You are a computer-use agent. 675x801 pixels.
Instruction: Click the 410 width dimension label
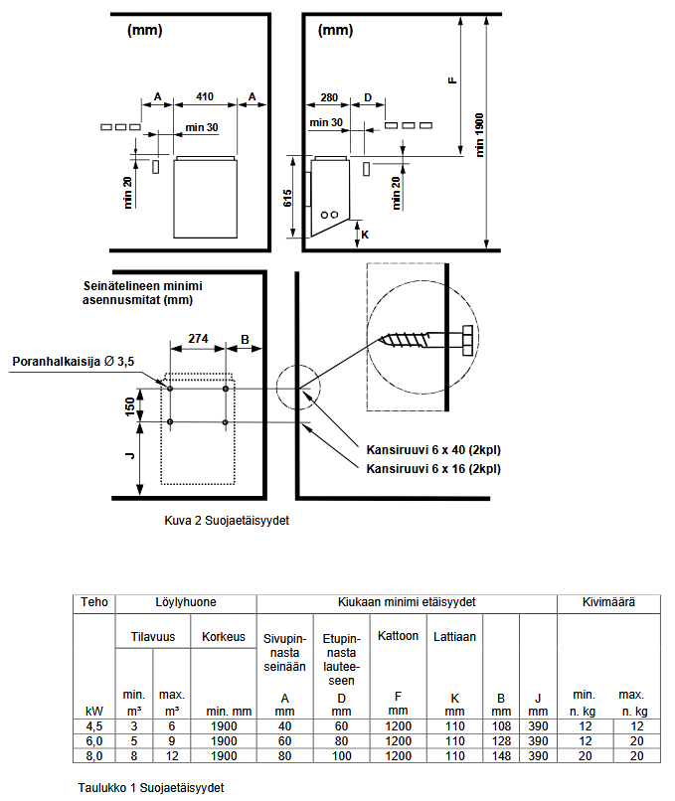pos(205,96)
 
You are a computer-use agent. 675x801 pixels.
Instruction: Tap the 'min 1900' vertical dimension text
pos(479,136)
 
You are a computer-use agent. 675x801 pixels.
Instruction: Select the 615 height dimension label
pos(287,199)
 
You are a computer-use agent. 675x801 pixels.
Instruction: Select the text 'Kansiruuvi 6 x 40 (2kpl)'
pos(433,450)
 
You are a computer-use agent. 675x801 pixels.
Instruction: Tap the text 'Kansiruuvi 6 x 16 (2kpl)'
pos(433,468)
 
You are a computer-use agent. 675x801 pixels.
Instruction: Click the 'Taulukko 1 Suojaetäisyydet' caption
pos(151,787)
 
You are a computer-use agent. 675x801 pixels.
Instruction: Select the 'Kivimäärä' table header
pos(608,602)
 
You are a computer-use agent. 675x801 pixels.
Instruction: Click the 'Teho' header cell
pos(95,602)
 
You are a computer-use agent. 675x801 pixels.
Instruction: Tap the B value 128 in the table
pos(502,740)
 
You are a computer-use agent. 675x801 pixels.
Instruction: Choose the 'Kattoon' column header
pos(398,635)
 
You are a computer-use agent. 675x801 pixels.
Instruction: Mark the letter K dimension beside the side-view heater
pos(365,236)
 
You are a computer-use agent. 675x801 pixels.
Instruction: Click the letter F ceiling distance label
pos(453,80)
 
